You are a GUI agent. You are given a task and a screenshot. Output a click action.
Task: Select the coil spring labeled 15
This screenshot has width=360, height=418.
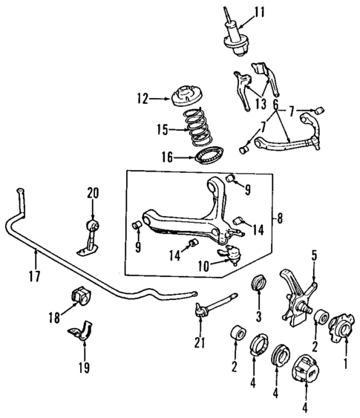(x=197, y=128)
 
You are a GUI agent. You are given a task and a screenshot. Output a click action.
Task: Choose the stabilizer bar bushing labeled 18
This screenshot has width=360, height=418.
(x=79, y=295)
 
